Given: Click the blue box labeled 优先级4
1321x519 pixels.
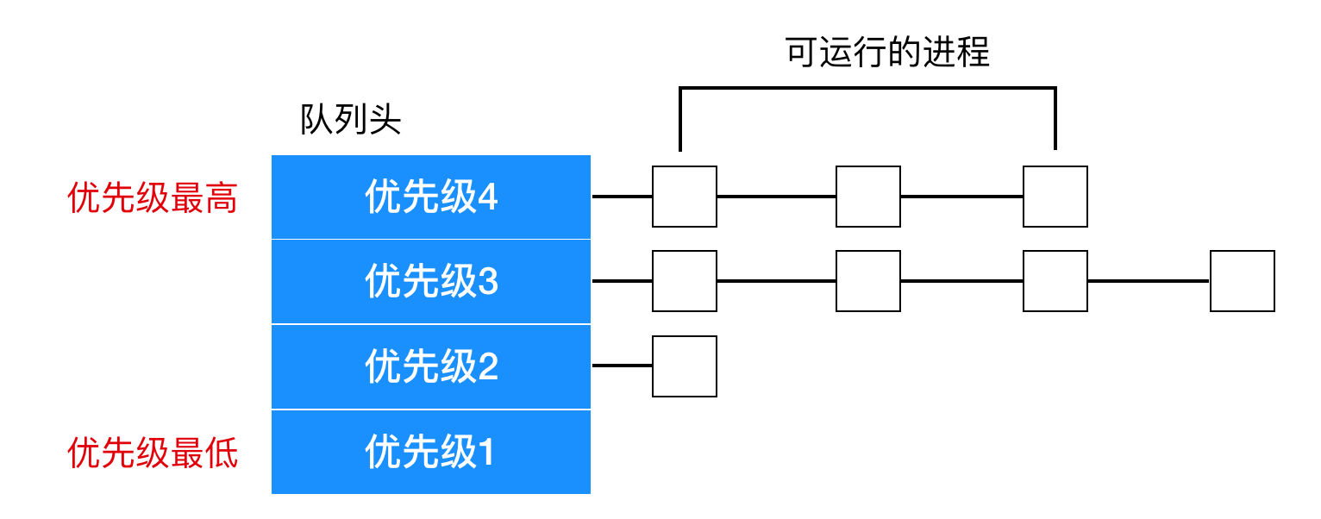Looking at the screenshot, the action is click(x=431, y=197).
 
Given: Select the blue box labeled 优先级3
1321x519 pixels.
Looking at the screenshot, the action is click(x=431, y=282).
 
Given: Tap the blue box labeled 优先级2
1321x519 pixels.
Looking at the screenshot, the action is click(x=431, y=367).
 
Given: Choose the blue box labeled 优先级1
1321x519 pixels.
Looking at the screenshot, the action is click(x=431, y=452).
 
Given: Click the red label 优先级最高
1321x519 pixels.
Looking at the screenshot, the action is click(x=152, y=197).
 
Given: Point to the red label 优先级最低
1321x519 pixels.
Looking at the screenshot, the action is click(x=152, y=453).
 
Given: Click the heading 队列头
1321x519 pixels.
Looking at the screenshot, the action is click(x=351, y=120).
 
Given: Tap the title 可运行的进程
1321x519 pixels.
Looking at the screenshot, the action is click(x=887, y=53).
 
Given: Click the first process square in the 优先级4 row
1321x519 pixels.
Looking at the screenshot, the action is click(x=685, y=197).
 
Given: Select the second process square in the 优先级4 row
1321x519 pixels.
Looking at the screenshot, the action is click(x=868, y=197).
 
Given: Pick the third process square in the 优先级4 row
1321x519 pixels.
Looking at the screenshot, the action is click(x=1055, y=197).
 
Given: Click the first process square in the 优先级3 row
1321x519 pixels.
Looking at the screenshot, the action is click(x=685, y=281).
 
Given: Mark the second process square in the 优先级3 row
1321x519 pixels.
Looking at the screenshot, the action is click(x=868, y=281).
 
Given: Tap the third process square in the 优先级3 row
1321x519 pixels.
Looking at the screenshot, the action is click(x=1055, y=281).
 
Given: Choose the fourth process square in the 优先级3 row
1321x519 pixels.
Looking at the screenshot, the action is click(x=1243, y=281).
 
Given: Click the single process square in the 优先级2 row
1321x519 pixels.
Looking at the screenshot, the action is click(x=685, y=366).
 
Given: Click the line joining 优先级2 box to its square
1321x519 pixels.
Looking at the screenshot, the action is click(x=623, y=366).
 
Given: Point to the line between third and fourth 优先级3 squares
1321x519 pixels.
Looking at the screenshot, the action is click(x=1149, y=281).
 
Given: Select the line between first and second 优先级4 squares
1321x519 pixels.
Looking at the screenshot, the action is click(x=776, y=197).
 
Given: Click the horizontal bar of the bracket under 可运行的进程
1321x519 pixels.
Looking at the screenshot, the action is click(x=867, y=89).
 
